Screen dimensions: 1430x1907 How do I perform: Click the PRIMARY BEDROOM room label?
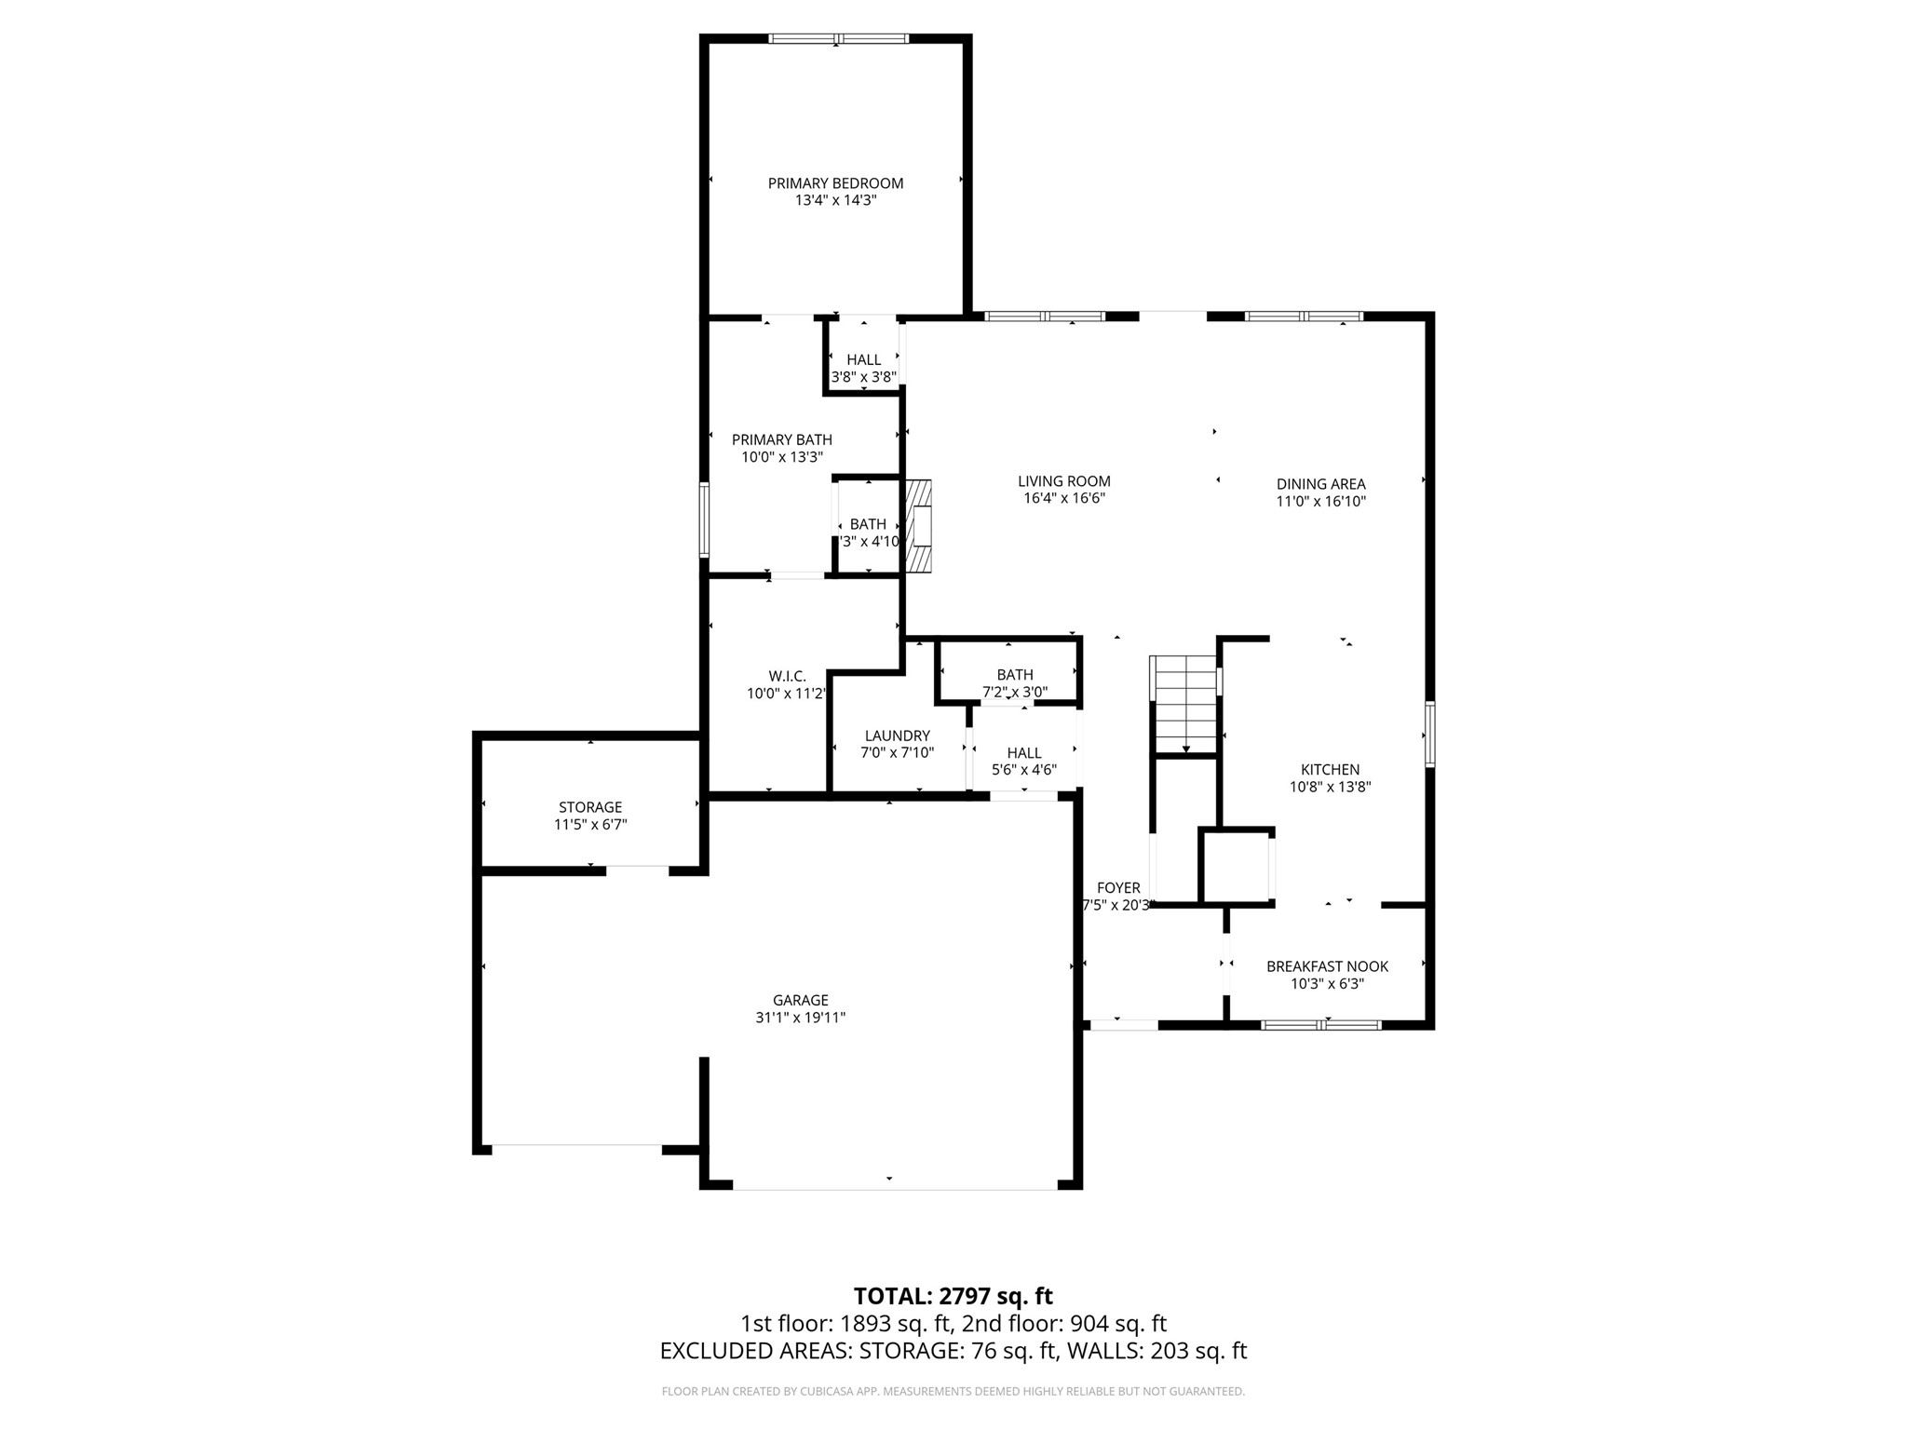[835, 183]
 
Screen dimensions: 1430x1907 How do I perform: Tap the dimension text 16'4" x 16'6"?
[1063, 499]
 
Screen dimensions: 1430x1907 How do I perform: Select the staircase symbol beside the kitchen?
[1184, 705]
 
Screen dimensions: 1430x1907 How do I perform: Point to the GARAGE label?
[800, 1001]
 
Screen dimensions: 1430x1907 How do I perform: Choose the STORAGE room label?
[590, 807]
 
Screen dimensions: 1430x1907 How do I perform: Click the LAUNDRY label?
[897, 735]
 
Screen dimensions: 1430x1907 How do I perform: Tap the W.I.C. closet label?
[787, 676]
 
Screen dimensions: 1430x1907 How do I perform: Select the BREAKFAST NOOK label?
[1327, 966]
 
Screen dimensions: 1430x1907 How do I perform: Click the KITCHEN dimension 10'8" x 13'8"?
[1330, 787]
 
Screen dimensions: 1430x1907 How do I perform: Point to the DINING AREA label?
[1320, 484]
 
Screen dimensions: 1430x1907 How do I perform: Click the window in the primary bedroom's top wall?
[838, 39]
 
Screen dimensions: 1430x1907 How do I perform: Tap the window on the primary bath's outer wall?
[705, 519]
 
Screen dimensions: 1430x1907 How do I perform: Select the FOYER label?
[1117, 888]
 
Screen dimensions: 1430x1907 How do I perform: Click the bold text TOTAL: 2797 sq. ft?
[953, 1296]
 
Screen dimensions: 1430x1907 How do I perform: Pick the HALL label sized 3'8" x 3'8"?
[863, 360]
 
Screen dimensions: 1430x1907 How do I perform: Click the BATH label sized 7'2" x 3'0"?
[1014, 675]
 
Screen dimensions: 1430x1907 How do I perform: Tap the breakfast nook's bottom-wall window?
[1320, 1025]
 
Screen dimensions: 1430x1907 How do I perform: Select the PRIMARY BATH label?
[781, 440]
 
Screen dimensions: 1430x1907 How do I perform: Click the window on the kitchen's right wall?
[1429, 735]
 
